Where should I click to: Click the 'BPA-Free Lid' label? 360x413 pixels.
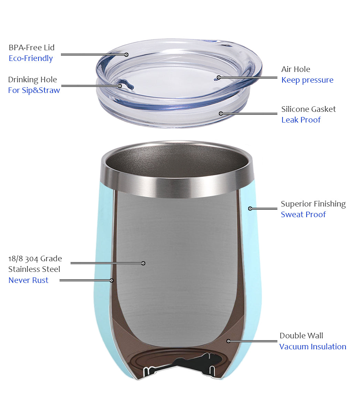tap(31, 47)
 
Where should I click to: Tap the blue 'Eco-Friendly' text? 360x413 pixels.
tap(31, 59)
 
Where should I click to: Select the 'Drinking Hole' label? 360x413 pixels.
tap(32, 80)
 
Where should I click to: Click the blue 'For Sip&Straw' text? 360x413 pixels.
tap(34, 90)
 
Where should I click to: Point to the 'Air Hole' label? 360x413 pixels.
tap(296, 69)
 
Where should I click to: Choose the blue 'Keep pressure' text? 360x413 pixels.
tap(307, 80)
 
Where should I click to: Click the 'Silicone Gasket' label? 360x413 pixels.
tap(308, 109)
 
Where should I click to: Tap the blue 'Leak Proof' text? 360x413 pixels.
tap(301, 120)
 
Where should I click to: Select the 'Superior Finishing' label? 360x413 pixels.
tap(313, 204)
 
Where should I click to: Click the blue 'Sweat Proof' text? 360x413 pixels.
tap(303, 214)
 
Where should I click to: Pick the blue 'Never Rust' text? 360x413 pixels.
tap(28, 280)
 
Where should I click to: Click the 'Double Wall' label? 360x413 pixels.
tap(301, 336)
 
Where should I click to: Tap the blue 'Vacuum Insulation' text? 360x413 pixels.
tap(313, 347)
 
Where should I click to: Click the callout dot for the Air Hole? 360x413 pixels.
tap(219, 77)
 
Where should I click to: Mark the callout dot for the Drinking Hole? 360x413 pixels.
tap(120, 86)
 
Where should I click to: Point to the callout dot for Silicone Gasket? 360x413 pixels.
tap(221, 114)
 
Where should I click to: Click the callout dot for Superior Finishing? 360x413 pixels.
tap(250, 209)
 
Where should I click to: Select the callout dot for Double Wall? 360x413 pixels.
tap(229, 341)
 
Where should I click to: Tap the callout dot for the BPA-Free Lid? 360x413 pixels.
tap(126, 55)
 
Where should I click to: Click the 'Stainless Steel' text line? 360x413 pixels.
tap(34, 269)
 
